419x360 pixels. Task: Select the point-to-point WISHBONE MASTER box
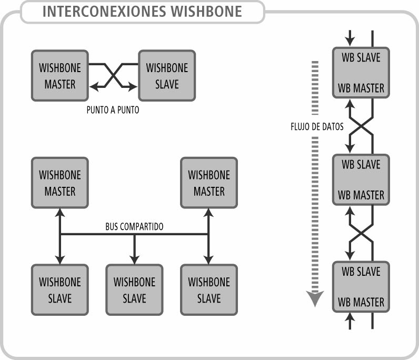[x=60, y=75]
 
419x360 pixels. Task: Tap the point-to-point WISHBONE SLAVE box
[x=167, y=75]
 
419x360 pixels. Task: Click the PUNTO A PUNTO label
[x=113, y=111]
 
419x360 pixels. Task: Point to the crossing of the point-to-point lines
[x=114, y=75]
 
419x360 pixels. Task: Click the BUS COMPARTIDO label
[x=134, y=227]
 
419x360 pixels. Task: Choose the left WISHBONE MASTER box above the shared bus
[x=60, y=182]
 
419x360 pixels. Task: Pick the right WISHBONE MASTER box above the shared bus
[x=209, y=182]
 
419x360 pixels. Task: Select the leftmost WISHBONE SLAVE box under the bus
[x=60, y=289]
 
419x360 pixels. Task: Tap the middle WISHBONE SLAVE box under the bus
[x=134, y=289]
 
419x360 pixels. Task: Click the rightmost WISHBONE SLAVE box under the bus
[x=209, y=289]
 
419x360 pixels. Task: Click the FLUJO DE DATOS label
[x=317, y=127]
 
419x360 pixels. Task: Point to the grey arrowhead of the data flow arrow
[x=315, y=299]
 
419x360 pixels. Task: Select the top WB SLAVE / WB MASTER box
[x=361, y=72]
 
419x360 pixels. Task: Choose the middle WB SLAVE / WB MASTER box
[x=361, y=179]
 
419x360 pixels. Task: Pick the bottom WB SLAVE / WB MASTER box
[x=361, y=287]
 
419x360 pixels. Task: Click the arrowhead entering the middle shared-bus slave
[x=134, y=259]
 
